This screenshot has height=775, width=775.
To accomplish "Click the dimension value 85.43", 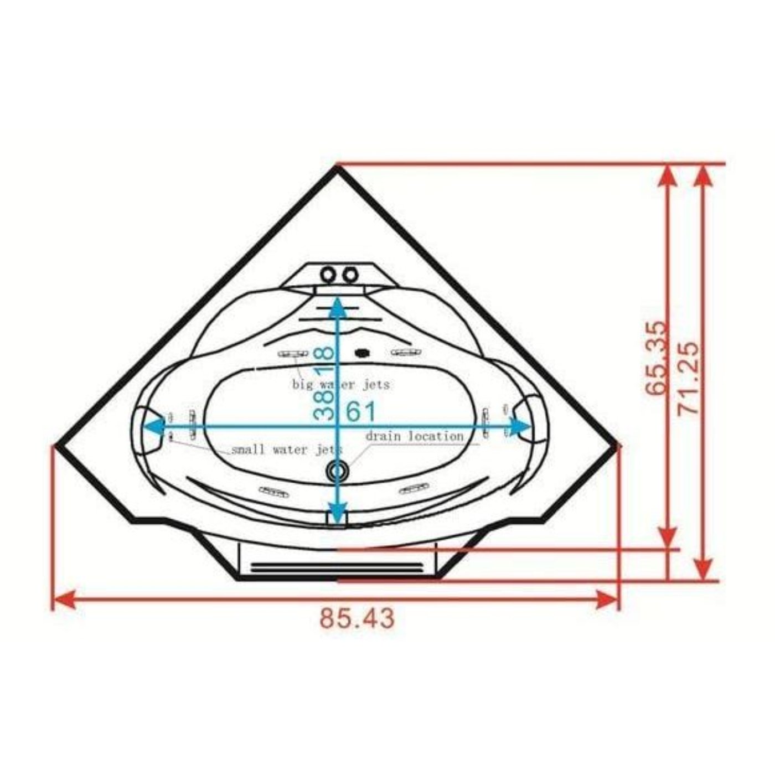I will coord(357,618).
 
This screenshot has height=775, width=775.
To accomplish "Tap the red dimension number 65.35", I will coord(657,358).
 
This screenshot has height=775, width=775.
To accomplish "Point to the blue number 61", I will coord(361,411).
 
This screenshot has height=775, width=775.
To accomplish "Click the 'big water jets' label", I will coord(341,384).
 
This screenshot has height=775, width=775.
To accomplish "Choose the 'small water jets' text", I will coord(285,450).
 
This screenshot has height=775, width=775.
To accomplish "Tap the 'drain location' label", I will coord(414,436).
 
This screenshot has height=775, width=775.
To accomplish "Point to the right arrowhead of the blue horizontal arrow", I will coord(520,426).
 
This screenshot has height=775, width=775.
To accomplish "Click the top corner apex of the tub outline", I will coord(338,166).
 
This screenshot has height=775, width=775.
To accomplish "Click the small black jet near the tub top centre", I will coord(362,352).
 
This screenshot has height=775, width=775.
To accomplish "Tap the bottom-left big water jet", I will coord(274,490).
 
